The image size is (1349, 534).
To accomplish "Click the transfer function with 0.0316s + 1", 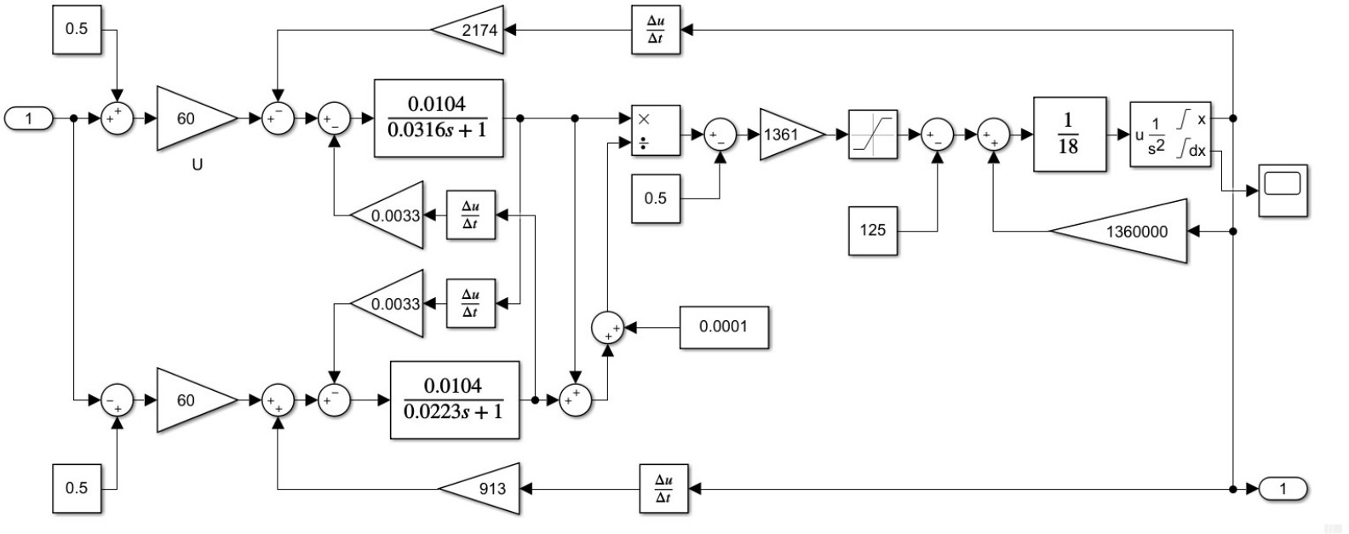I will (x=439, y=118).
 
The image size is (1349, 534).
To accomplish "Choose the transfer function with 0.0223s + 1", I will (x=454, y=399).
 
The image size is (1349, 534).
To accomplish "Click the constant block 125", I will (x=873, y=229).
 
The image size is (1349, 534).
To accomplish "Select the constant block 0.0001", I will (x=723, y=326).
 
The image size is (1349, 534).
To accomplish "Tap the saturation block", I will (x=873, y=135).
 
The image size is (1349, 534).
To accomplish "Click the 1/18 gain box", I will (x=1069, y=135).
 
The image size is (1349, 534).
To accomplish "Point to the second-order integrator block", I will (x=1170, y=135).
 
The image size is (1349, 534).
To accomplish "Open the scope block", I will (x=1283, y=190).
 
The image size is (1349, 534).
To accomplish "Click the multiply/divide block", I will (x=655, y=130).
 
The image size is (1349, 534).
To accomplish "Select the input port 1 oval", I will (x=29, y=118).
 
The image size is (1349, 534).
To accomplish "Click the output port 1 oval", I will (x=1283, y=489).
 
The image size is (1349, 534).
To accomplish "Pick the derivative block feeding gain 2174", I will (x=656, y=30).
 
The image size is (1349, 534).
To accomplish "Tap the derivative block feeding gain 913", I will (x=663, y=489).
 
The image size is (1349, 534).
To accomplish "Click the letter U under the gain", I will (x=197, y=165).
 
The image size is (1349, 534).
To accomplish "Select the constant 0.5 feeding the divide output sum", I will (x=655, y=198).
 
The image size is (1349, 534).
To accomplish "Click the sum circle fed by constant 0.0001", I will (x=607, y=328).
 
